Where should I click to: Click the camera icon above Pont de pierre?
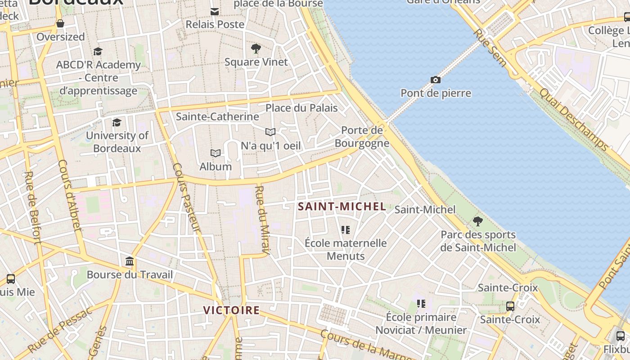pos(435,80)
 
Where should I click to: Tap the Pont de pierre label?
pos(436,93)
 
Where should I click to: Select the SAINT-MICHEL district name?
pos(342,207)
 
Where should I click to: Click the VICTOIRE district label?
pos(231,310)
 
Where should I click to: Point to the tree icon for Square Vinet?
pos(256,49)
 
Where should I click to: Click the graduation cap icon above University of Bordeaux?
pos(117,122)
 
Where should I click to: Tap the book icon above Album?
pos(216,153)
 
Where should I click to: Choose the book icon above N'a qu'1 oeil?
pos(270,132)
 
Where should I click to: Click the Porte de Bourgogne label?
pos(362,137)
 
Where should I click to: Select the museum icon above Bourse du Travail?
pos(130,261)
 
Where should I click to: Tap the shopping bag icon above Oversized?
pos(60,23)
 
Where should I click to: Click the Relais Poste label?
pos(215,24)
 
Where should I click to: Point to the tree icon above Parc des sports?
pos(478,221)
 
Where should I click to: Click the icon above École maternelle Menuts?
pos(346,230)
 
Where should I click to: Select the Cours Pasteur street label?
pos(186,198)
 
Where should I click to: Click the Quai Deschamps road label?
pos(574,119)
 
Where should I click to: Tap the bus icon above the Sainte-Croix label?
pos(510,306)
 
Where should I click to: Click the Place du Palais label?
pos(301,108)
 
